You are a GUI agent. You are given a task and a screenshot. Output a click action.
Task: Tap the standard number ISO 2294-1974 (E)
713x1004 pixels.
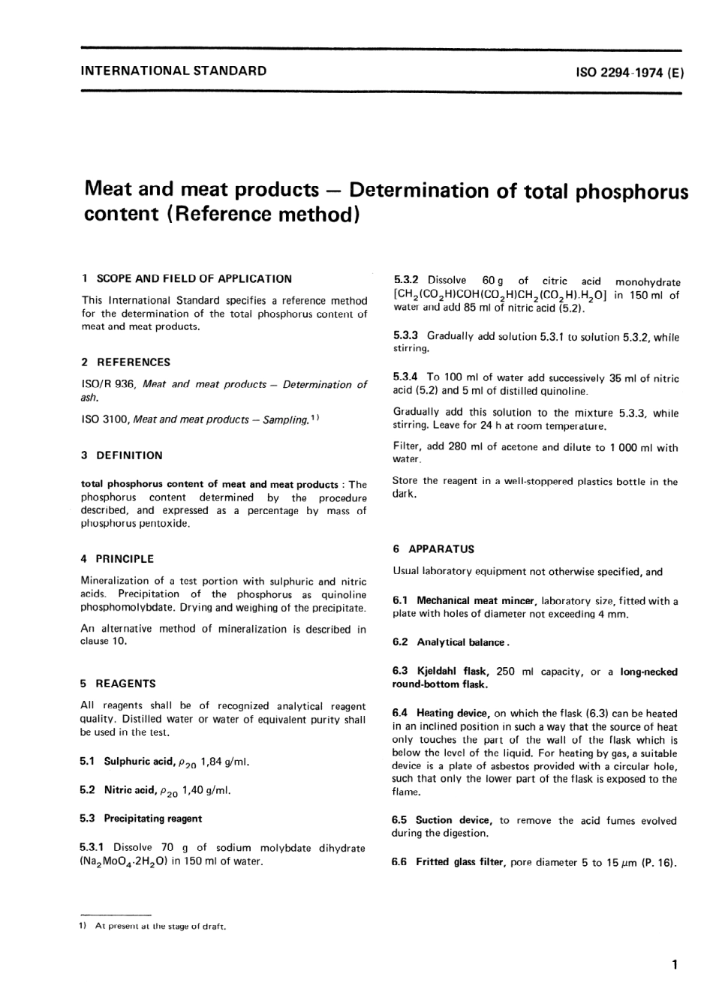click(x=630, y=73)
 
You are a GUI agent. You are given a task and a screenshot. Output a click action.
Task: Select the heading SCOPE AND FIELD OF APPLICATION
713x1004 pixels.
click(x=194, y=278)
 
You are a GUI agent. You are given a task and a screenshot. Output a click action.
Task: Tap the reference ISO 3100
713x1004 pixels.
click(x=104, y=419)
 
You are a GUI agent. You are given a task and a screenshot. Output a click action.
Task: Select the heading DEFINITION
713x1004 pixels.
click(x=128, y=455)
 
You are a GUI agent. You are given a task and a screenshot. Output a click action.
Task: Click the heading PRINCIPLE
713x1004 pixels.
click(x=124, y=559)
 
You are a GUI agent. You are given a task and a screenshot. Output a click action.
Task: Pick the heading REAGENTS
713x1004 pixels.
click(x=125, y=684)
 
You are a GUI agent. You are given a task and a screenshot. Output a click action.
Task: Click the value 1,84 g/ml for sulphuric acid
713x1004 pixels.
click(x=224, y=762)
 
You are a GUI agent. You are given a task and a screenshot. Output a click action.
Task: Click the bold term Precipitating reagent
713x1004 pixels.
click(x=153, y=819)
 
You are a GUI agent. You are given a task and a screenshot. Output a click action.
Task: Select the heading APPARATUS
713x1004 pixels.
click(x=441, y=549)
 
